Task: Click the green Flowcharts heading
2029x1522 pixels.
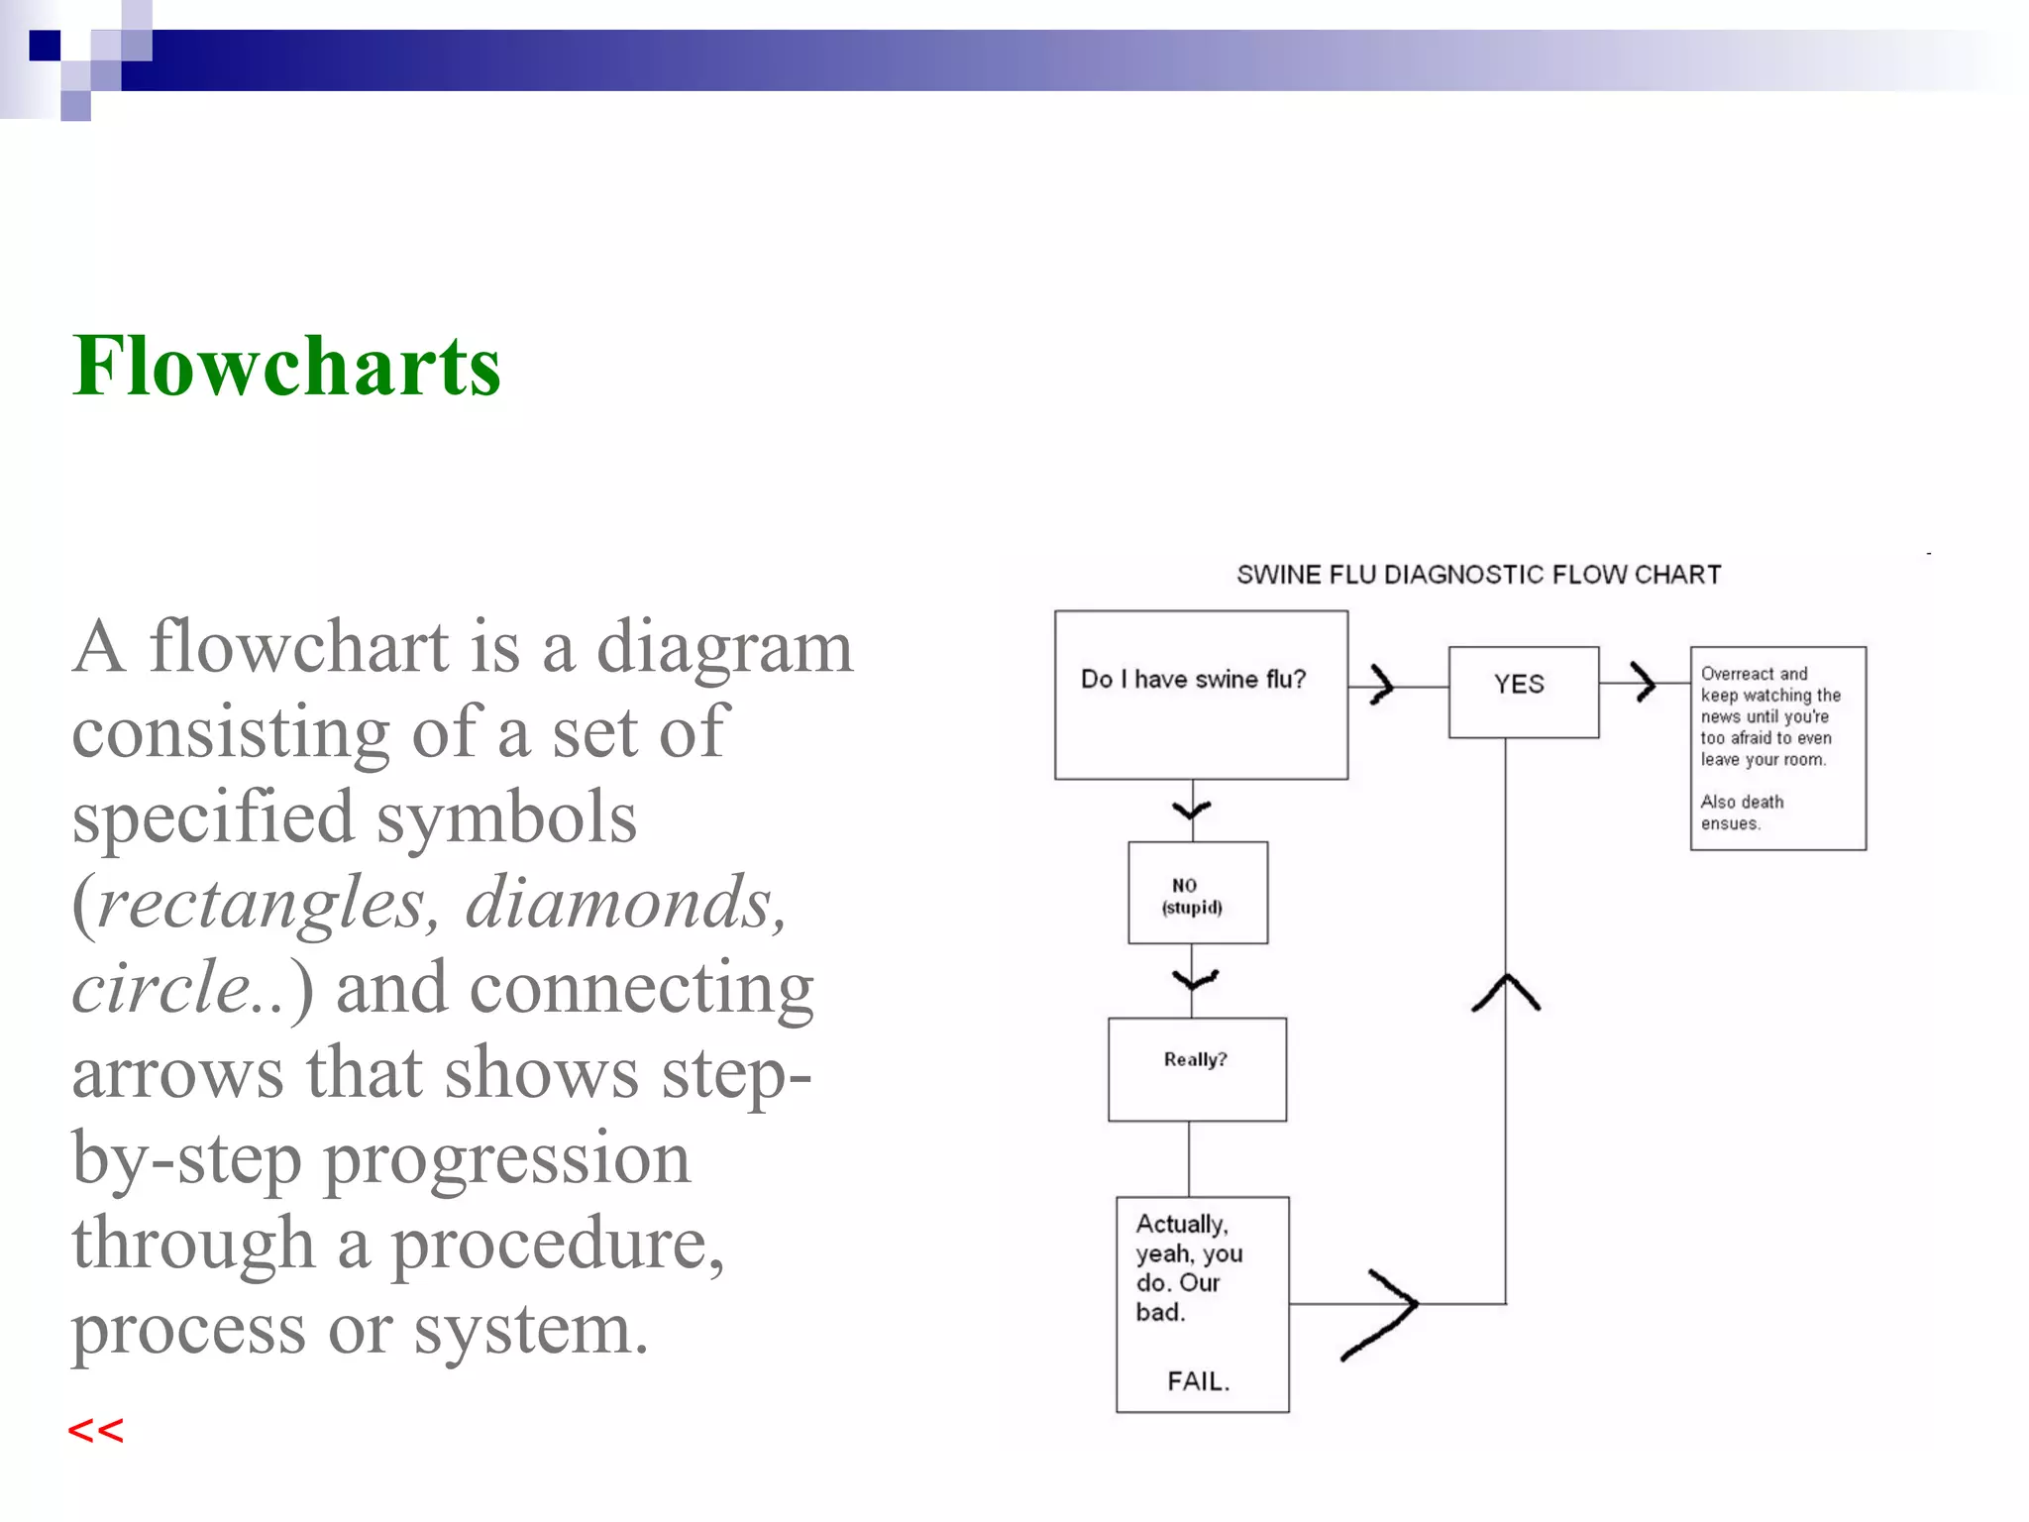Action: pyautogui.click(x=286, y=367)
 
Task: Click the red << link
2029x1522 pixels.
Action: pyautogui.click(x=95, y=1431)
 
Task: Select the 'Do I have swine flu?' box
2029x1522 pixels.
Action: pyautogui.click(x=1200, y=695)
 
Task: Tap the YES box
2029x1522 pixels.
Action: pyautogui.click(x=1523, y=692)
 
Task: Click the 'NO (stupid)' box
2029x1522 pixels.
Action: pyautogui.click(x=1197, y=893)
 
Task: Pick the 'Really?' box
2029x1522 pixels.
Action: pyautogui.click(x=1196, y=1068)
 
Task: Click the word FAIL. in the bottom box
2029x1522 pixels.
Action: pyautogui.click(x=1198, y=1381)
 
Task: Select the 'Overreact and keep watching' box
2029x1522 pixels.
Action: pyautogui.click(x=1777, y=747)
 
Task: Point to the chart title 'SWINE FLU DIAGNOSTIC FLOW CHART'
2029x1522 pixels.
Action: pyautogui.click(x=1478, y=575)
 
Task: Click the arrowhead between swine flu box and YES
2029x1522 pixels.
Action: pyautogui.click(x=1383, y=684)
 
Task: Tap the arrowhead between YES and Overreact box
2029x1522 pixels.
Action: pyautogui.click(x=1645, y=682)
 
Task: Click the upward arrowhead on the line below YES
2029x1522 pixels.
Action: pyautogui.click(x=1506, y=989)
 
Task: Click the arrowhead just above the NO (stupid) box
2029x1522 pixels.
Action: pyautogui.click(x=1193, y=812)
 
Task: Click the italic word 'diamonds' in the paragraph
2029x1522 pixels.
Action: pyautogui.click(x=624, y=903)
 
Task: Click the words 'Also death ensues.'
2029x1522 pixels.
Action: pyautogui.click(x=1741, y=813)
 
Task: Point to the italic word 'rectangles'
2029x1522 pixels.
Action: pyautogui.click(x=260, y=903)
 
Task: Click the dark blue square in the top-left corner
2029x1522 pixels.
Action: pyautogui.click(x=45, y=46)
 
